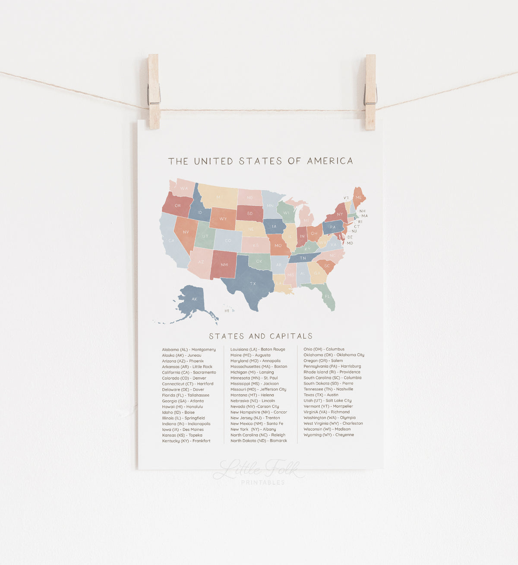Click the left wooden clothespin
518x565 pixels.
[x=154, y=92]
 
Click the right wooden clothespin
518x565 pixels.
[x=370, y=92]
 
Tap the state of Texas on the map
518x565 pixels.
[x=251, y=282]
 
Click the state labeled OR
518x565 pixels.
[x=177, y=205]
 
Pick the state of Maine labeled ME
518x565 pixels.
[x=359, y=198]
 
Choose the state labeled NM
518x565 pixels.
[x=224, y=265]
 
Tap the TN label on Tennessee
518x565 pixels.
[x=303, y=258]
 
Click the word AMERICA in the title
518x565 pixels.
[x=330, y=161]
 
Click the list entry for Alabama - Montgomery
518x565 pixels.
[x=189, y=350]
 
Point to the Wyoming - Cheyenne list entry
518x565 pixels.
[x=328, y=435]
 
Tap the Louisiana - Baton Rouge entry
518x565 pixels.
[x=258, y=349]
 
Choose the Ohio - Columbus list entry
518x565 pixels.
[x=324, y=349]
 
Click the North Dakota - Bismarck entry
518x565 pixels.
[x=259, y=441]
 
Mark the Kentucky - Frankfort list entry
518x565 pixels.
[x=186, y=441]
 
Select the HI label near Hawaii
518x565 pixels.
[x=227, y=311]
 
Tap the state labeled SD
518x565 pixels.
[x=250, y=213]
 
